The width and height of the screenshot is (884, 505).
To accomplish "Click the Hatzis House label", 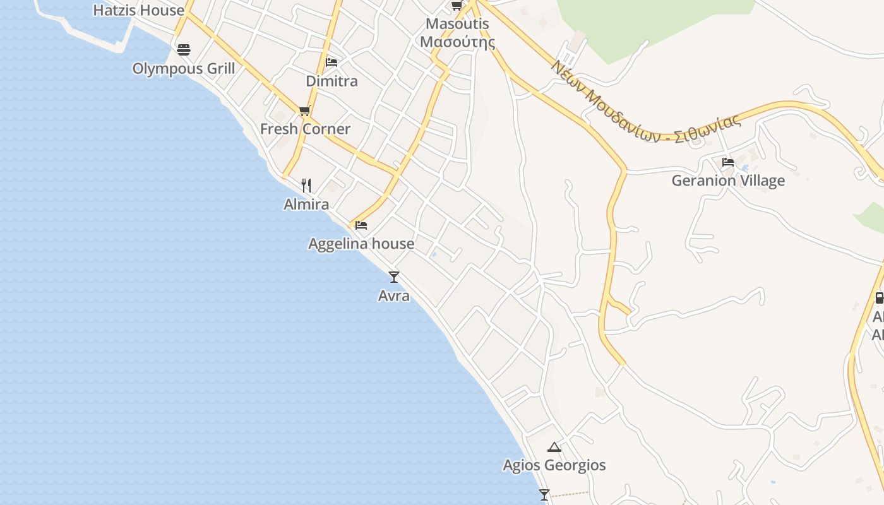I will click(x=138, y=10).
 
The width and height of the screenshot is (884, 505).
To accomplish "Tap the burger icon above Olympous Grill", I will click(x=183, y=49).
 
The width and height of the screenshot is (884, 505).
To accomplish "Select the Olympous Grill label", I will click(x=183, y=69).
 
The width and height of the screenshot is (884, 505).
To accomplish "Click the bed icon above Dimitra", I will click(x=331, y=62).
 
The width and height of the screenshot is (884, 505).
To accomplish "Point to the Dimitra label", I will click(x=331, y=81).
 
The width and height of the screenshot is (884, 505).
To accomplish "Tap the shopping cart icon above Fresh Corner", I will click(x=304, y=111).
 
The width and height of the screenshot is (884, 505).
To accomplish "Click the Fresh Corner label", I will click(x=305, y=129).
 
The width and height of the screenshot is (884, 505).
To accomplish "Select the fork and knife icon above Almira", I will click(x=306, y=185).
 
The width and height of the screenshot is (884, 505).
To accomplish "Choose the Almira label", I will click(x=306, y=205).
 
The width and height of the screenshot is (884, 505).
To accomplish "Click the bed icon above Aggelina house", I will click(x=361, y=225).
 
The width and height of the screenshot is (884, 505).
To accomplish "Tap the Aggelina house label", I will click(x=361, y=244).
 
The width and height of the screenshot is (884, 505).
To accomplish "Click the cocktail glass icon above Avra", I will click(x=394, y=276).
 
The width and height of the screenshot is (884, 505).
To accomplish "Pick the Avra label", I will click(x=394, y=295).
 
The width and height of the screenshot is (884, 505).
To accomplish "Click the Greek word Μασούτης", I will click(x=457, y=42).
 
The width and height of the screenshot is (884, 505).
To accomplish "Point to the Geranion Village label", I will click(x=728, y=181).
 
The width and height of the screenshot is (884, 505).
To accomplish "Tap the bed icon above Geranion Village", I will click(x=728, y=162).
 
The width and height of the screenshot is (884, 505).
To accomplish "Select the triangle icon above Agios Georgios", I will click(x=554, y=448).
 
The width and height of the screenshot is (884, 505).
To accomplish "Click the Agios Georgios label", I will click(x=554, y=465).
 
